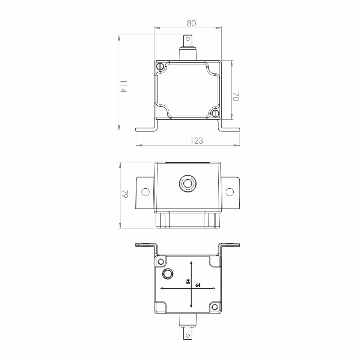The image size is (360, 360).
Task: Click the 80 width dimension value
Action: click(191, 23)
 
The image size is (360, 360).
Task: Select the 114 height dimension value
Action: click(123, 86)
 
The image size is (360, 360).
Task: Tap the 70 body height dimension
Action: click(236, 97)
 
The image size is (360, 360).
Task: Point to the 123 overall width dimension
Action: click(197, 141)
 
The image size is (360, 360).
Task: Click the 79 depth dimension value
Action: click(124, 194)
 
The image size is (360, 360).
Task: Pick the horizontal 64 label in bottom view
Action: click(198, 285)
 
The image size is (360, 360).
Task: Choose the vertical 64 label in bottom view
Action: click(188, 281)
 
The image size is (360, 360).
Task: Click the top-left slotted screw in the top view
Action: click(160, 66)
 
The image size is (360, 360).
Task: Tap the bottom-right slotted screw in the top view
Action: click(216, 113)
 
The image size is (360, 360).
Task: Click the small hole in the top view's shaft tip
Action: click(187, 39)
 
